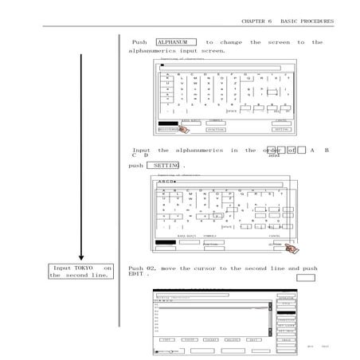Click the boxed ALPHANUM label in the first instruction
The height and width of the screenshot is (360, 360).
click(x=175, y=42)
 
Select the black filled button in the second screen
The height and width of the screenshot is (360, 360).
click(x=165, y=241)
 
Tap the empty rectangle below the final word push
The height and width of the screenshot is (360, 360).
click(x=306, y=278)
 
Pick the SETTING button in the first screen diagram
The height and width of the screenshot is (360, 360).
click(x=281, y=129)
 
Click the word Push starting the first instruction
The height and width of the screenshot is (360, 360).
click(x=139, y=42)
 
